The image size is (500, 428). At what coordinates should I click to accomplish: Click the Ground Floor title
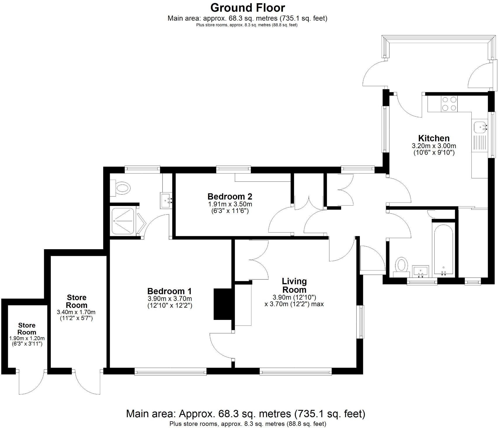pyautogui.click(x=247, y=8)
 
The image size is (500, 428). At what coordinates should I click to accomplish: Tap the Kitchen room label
pyautogui.click(x=434, y=138)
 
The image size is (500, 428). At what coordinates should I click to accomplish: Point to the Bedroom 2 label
pyautogui.click(x=230, y=196)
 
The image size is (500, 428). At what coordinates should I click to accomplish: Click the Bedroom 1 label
pyautogui.click(x=169, y=291)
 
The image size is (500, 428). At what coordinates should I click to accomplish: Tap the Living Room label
pyautogui.click(x=294, y=285)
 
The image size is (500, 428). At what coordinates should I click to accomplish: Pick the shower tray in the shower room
pyautogui.click(x=123, y=221)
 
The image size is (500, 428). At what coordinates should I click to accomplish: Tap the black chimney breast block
pyautogui.click(x=223, y=304)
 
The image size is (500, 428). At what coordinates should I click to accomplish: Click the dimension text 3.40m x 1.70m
pyautogui.click(x=76, y=312)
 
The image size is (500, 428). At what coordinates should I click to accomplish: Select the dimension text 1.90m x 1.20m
pyautogui.click(x=27, y=338)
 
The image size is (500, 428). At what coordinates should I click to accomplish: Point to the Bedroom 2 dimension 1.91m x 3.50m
pyautogui.click(x=230, y=204)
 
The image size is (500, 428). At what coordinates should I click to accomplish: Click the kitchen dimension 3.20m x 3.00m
pyautogui.click(x=434, y=146)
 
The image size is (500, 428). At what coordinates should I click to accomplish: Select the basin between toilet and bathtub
pyautogui.click(x=420, y=271)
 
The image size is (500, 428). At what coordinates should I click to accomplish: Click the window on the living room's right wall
pyautogui.click(x=361, y=322)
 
